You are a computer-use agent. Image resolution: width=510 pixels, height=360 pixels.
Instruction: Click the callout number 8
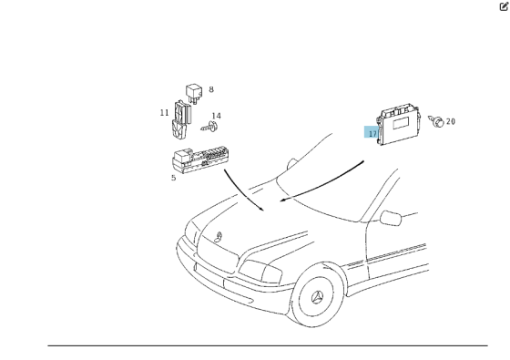point(211,89)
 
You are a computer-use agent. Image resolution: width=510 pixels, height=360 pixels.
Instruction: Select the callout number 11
point(165,113)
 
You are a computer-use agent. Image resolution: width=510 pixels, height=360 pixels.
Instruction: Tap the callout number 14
point(217,116)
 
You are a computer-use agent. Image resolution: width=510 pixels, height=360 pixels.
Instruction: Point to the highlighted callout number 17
point(372,133)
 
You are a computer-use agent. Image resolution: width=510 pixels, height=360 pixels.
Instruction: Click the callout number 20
point(451,121)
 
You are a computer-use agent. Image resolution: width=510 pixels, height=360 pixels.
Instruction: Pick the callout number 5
point(174,178)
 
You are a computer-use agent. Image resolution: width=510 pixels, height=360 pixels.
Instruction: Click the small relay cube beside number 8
point(194,93)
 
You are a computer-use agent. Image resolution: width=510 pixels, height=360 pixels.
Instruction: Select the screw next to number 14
point(209,127)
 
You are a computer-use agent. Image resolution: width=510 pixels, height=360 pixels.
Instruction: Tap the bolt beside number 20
point(436,121)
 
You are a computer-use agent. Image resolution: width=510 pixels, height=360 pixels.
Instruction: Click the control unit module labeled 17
point(399,124)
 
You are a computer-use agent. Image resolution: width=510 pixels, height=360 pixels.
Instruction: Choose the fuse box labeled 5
point(199,159)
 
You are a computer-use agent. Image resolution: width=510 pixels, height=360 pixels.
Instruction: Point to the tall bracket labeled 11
point(181,119)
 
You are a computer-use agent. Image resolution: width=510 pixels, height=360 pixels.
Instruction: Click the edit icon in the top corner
point(504,6)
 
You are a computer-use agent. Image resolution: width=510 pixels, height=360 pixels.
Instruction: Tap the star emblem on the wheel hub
point(317,298)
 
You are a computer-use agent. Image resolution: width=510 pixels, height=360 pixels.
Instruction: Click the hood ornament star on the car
point(219,237)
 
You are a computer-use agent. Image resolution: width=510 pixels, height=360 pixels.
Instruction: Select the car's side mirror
point(391,218)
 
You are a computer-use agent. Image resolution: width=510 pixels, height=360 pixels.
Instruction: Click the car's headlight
point(260,272)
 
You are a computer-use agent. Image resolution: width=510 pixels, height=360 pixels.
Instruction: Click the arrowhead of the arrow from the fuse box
point(262,209)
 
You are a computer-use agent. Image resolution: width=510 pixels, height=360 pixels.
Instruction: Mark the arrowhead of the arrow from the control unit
point(282,200)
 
